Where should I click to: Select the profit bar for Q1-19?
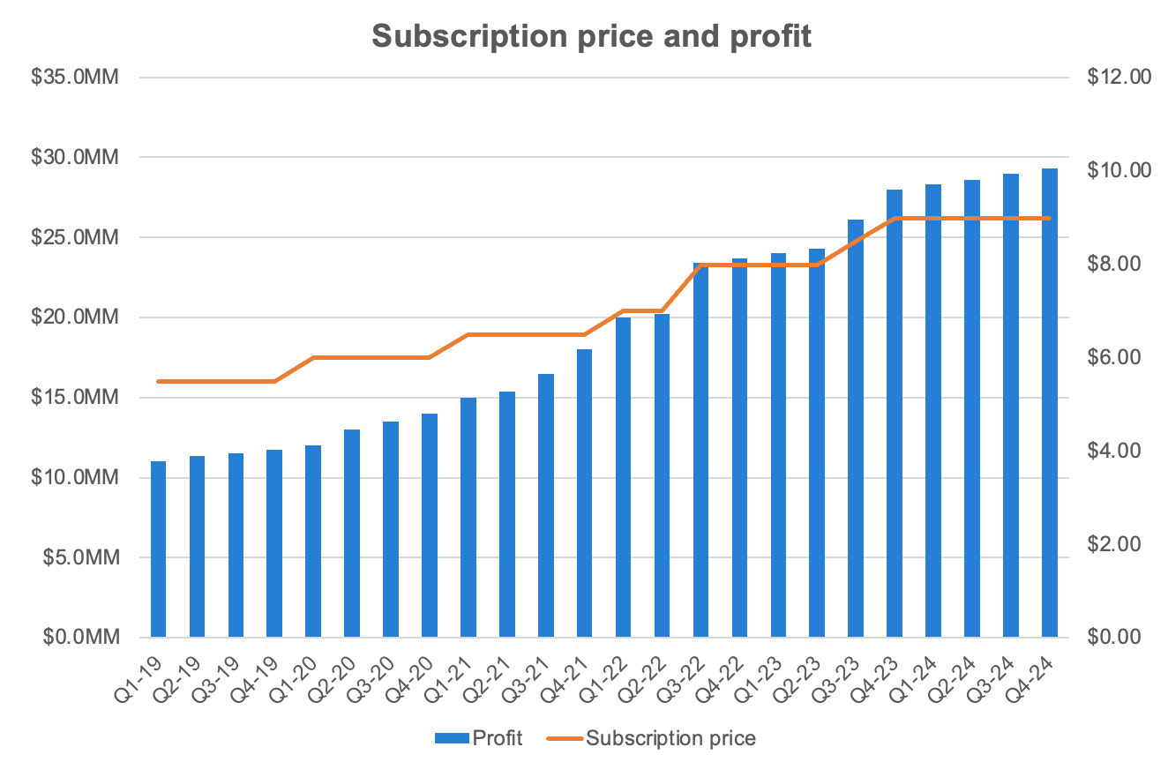tap(158, 549)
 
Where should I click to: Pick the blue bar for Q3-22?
tap(700, 450)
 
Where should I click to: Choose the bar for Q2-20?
tap(352, 533)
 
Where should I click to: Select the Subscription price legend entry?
tap(653, 737)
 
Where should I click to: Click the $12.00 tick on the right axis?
tap(1119, 77)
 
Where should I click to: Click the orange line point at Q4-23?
tap(894, 217)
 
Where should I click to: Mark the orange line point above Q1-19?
tap(158, 381)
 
